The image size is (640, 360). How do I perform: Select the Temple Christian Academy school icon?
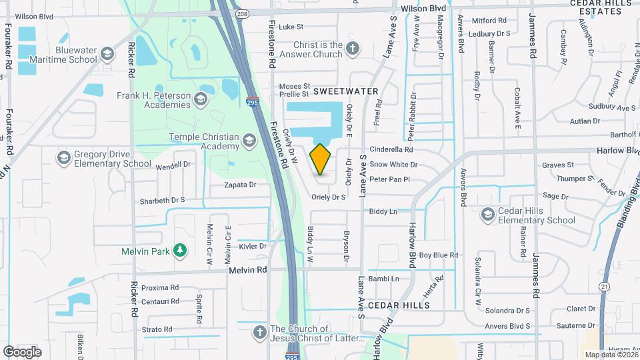(249, 140)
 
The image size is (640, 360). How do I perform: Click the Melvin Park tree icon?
(179, 251)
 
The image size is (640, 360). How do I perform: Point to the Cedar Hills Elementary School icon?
(487, 214)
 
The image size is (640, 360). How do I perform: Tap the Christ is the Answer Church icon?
(353, 48)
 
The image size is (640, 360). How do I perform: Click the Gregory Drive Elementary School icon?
(63, 157)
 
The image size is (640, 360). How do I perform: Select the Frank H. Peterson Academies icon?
(201, 99)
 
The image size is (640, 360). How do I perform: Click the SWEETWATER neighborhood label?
(345, 91)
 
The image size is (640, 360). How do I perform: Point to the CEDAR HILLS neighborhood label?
(397, 304)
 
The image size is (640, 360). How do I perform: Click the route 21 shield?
(605, 286)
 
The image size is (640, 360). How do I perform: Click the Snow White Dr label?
(393, 165)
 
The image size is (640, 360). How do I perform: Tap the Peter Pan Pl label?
(389, 179)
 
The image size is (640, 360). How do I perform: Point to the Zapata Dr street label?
(240, 185)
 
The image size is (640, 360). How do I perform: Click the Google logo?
(22, 351)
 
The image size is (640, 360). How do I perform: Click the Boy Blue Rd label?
(439, 255)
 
